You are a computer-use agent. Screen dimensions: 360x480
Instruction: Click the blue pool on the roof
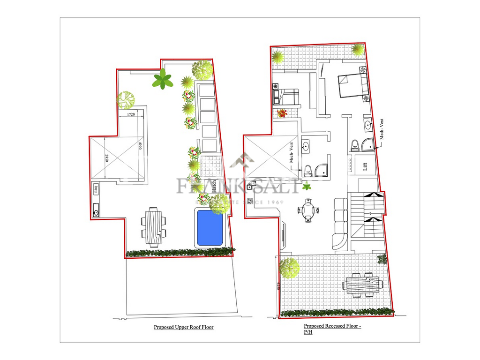pyautogui.click(x=210, y=227)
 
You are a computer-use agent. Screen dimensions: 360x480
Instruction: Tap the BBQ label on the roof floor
pyautogui.click(x=96, y=189)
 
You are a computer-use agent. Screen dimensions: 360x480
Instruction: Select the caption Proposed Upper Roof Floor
pyautogui.click(x=183, y=327)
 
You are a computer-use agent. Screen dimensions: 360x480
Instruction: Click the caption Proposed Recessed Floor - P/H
pyautogui.click(x=332, y=329)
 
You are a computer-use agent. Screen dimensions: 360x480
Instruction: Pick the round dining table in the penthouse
pyautogui.click(x=308, y=210)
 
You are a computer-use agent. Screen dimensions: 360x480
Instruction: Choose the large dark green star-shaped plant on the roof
pyautogui.click(x=162, y=79)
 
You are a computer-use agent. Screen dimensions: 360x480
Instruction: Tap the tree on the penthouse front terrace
pyautogui.click(x=289, y=268)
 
